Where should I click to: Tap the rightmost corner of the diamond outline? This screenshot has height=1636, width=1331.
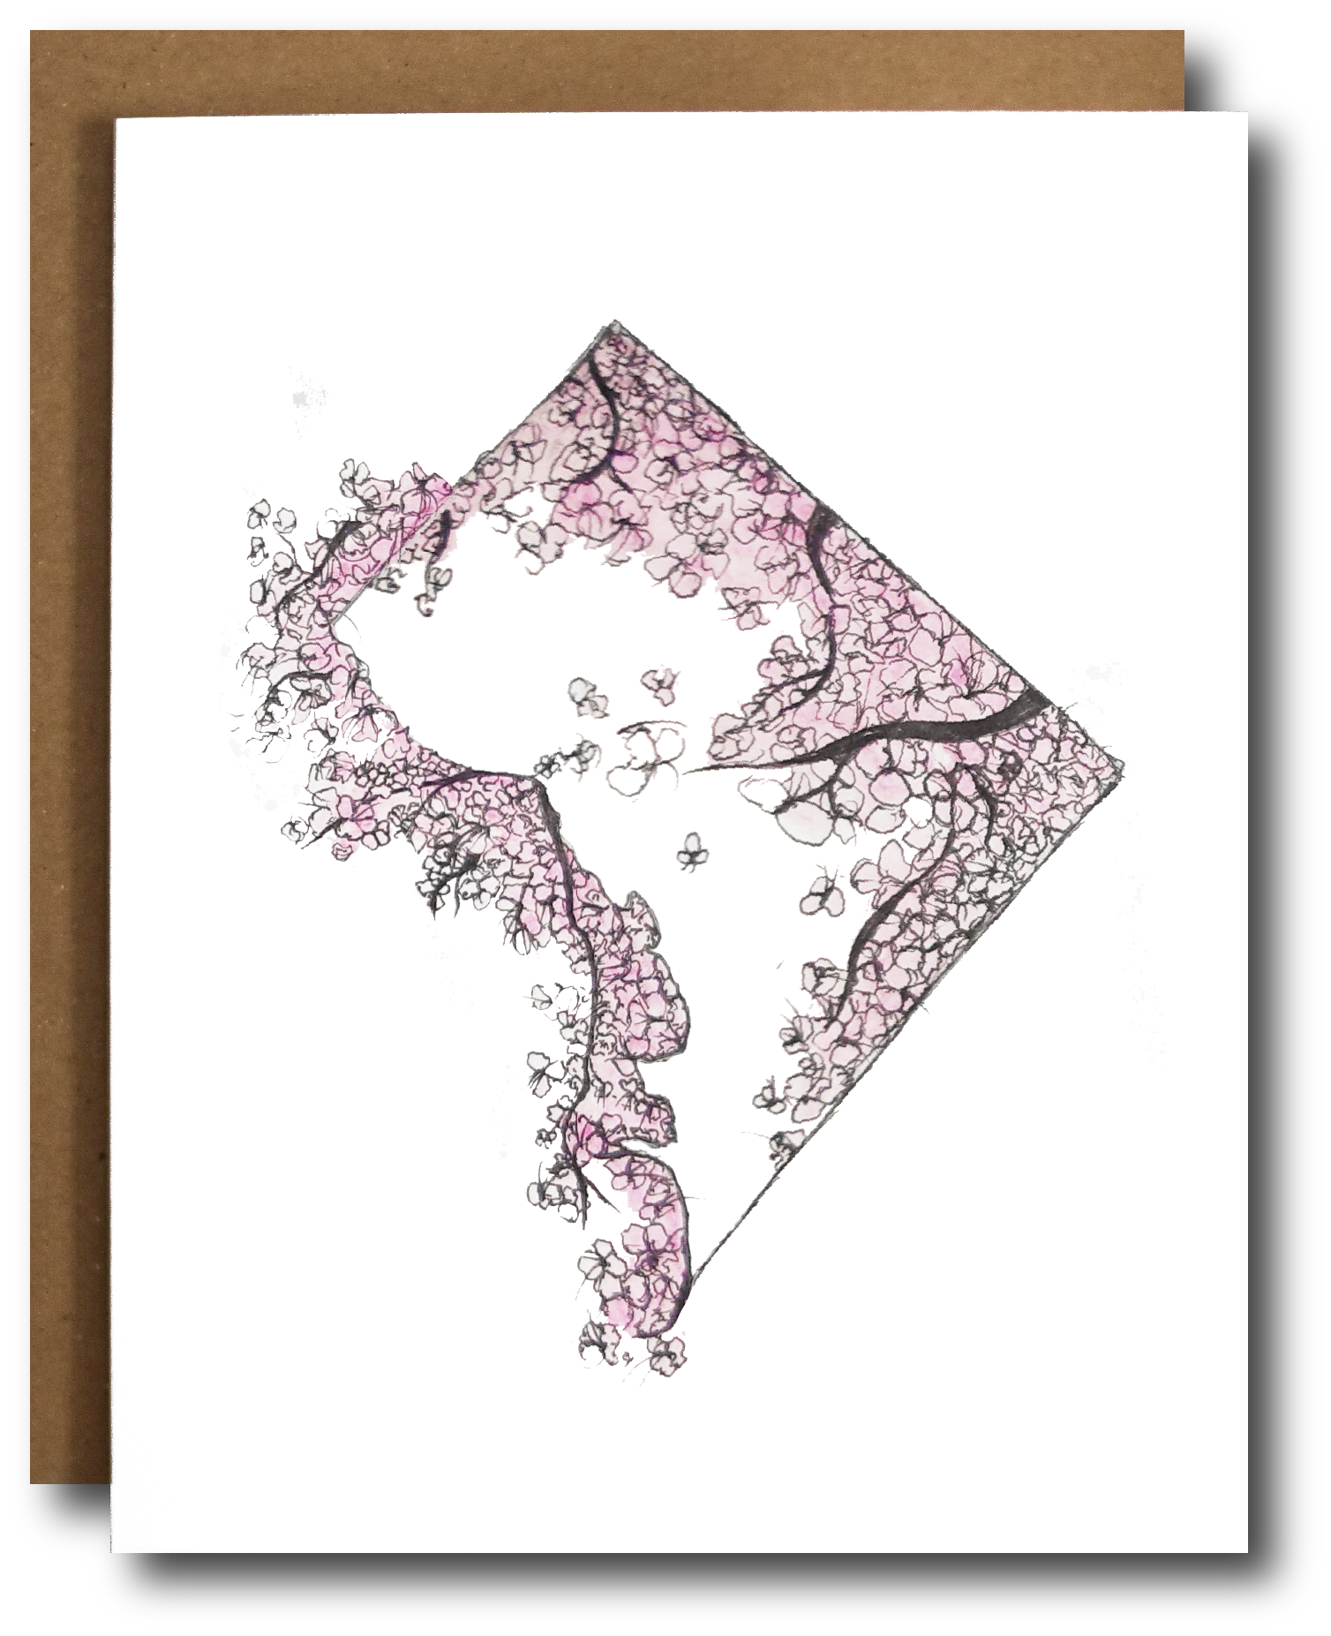pyautogui.click(x=1123, y=765)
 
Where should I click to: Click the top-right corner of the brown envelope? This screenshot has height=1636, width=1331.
pyautogui.click(x=1183, y=33)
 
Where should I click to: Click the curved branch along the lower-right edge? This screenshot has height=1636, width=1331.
pyautogui.click(x=891, y=909)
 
